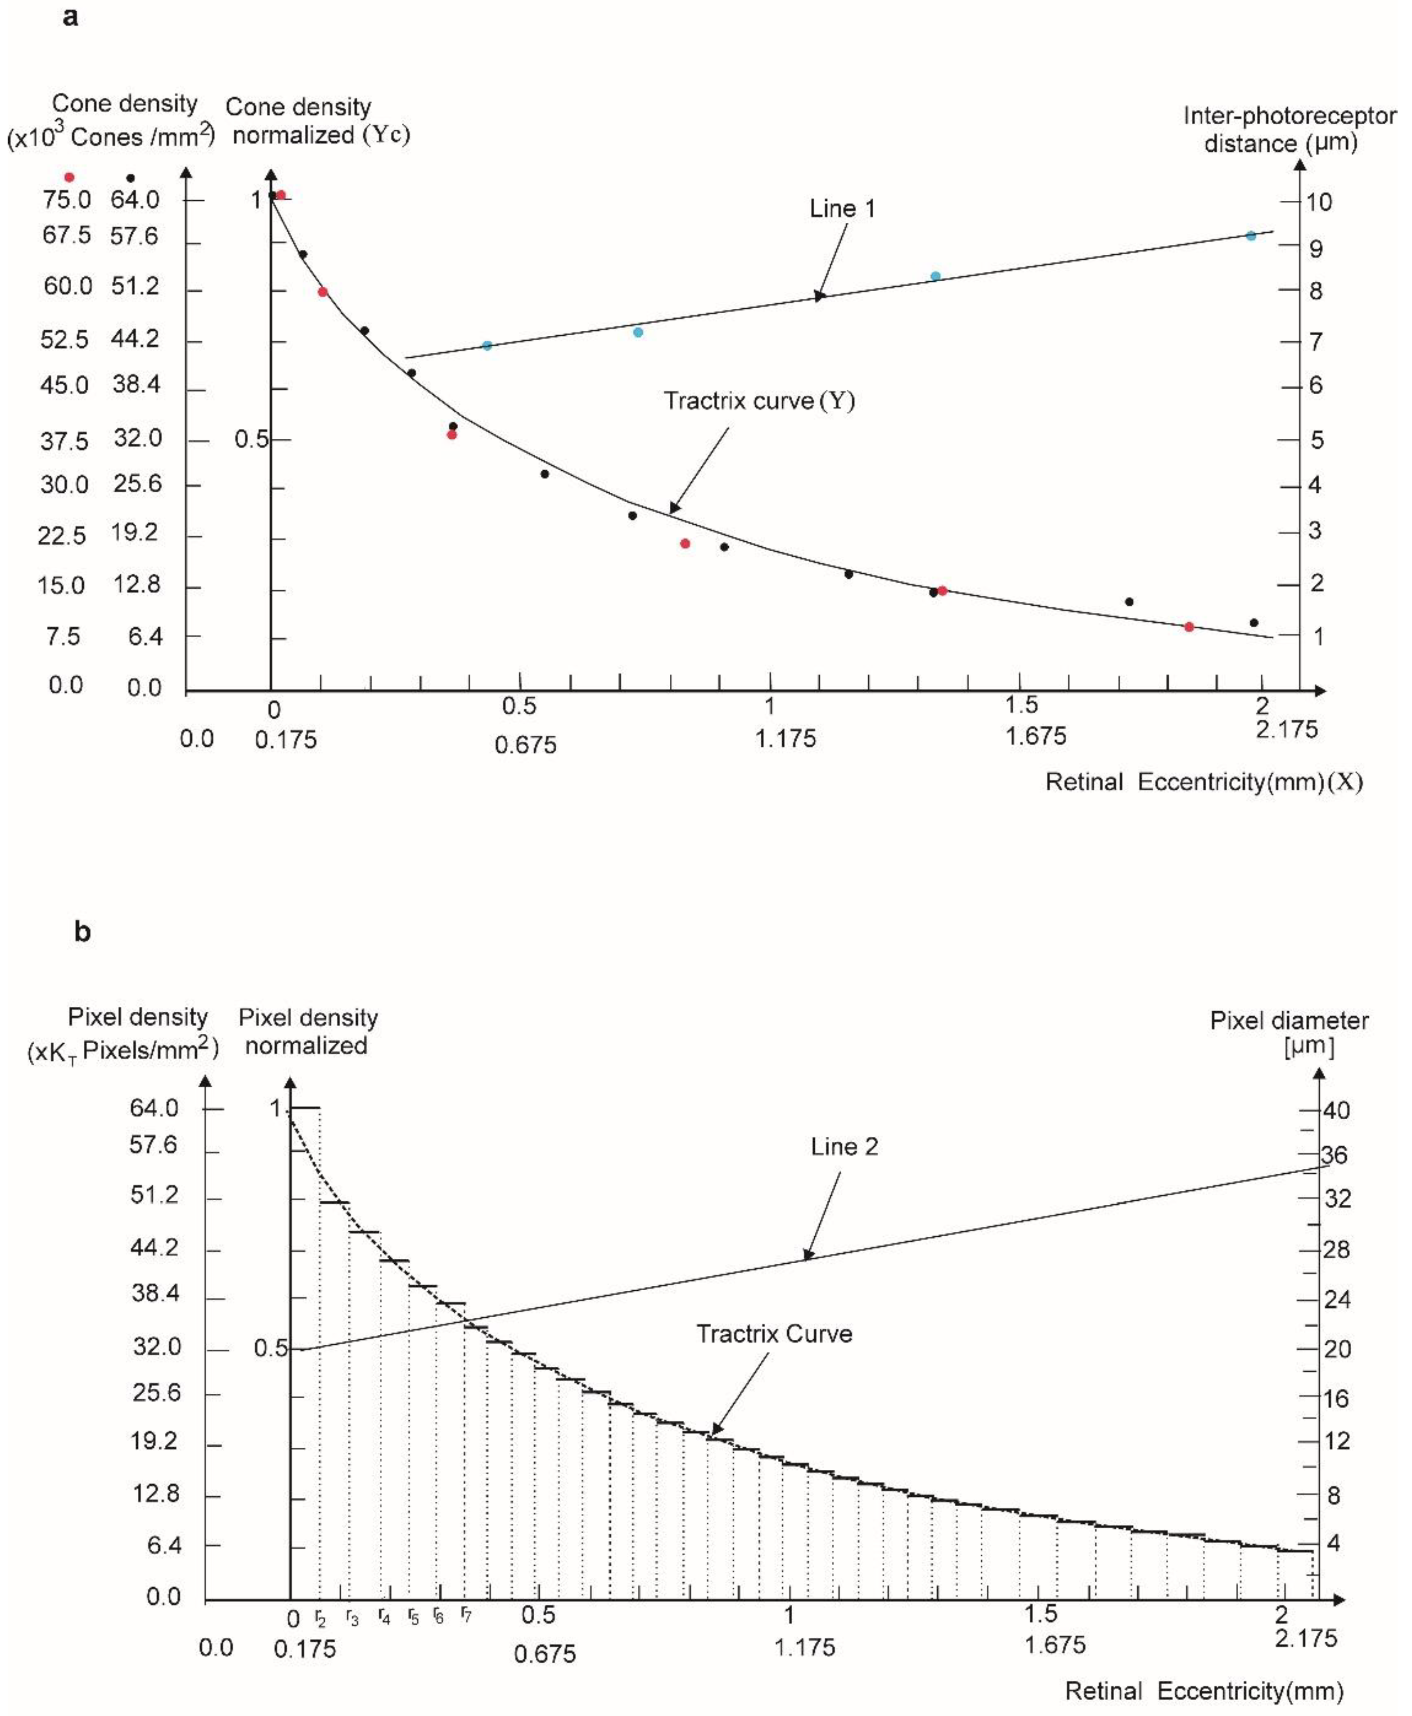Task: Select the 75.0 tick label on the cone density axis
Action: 67,199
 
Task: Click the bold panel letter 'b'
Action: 82,931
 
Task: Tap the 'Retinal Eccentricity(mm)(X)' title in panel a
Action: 1203,782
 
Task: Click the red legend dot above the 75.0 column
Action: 69,177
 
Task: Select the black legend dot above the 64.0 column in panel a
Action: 130,178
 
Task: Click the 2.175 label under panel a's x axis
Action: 1286,730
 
